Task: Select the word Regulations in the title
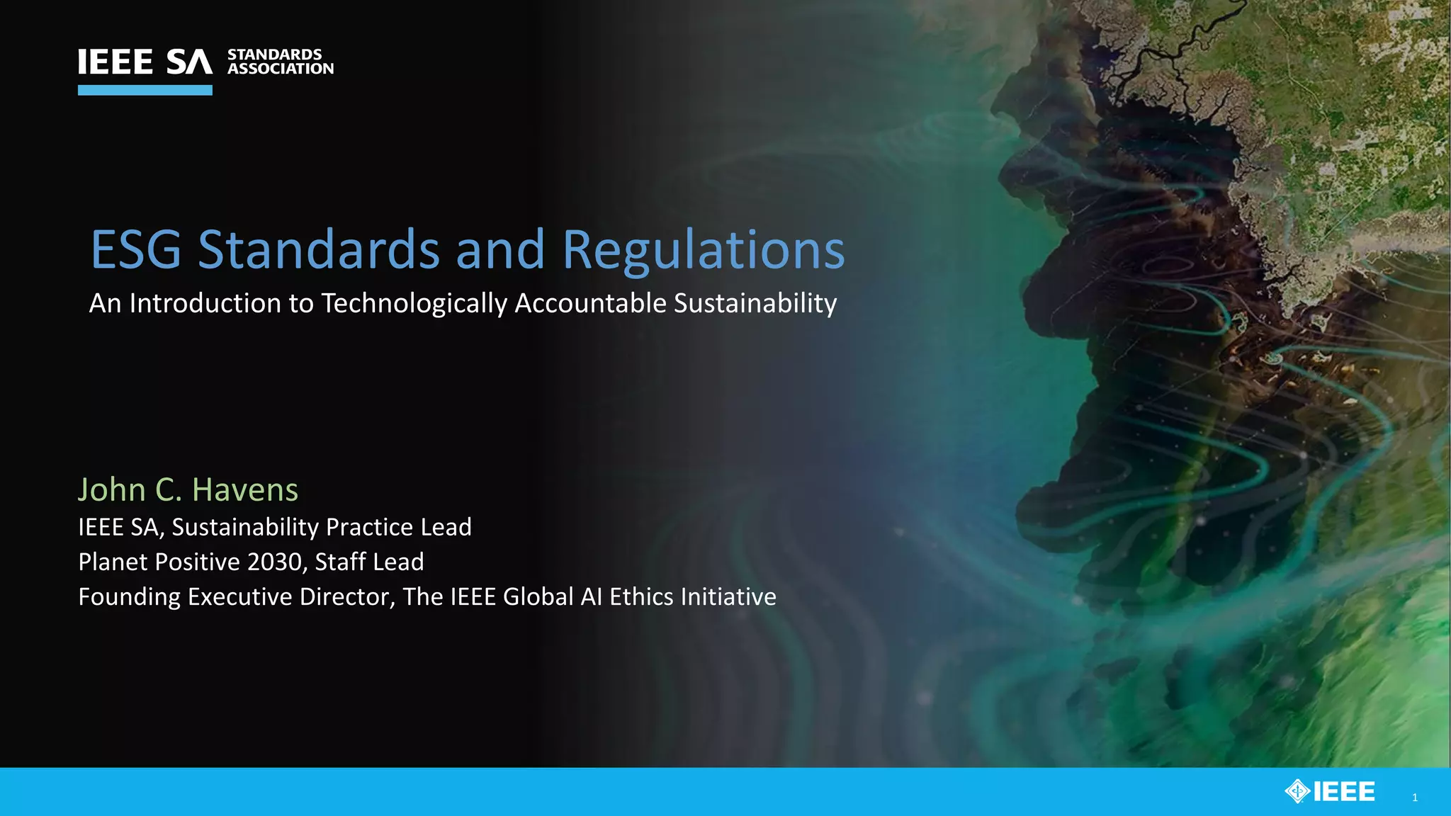[704, 251]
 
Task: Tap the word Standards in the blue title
[319, 250]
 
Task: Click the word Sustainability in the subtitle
[755, 304]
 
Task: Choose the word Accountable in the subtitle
[590, 303]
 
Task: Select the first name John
[112, 490]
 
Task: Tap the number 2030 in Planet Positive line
[276, 562]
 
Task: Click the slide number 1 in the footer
[1415, 798]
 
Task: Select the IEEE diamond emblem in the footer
[1297, 791]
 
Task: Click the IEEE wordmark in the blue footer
[1344, 791]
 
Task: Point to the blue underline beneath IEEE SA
[145, 90]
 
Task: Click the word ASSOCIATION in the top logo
[281, 69]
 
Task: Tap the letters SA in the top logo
[189, 62]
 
